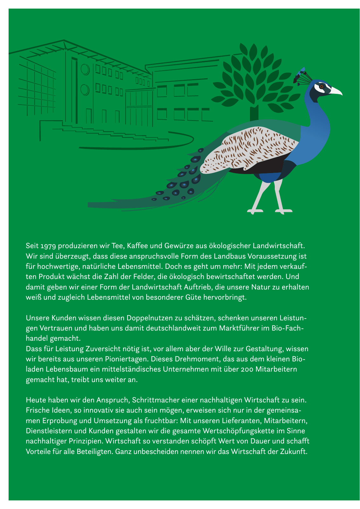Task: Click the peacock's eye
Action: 322,86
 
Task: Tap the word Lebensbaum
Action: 66,369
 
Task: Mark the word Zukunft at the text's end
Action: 294,451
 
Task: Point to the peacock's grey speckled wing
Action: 251,148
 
